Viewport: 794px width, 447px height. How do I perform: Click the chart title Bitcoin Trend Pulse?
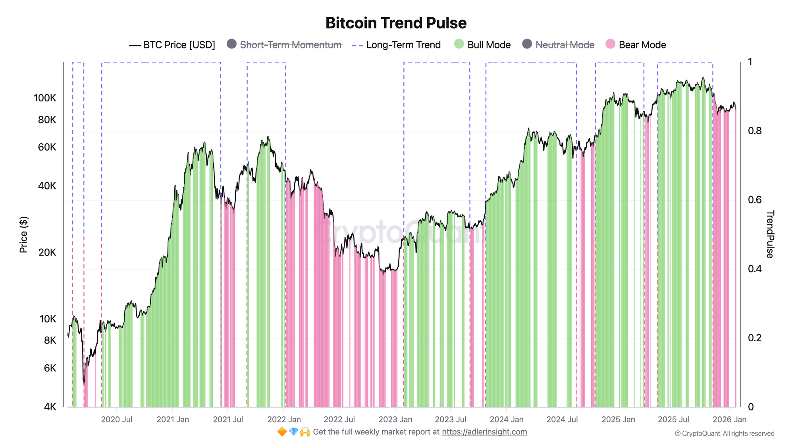tap(396, 23)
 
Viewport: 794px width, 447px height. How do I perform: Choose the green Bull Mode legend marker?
tap(459, 44)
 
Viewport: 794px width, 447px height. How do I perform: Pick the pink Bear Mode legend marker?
tap(610, 44)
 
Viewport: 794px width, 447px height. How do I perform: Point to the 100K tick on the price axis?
tap(45, 98)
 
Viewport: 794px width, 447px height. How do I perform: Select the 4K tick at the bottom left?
tap(50, 407)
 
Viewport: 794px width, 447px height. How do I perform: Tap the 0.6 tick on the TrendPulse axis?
tap(755, 200)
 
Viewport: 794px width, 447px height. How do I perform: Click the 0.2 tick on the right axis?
tap(755, 338)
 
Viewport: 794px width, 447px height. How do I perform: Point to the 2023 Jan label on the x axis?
tap(395, 420)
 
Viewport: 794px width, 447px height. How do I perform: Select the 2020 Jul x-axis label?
tap(117, 420)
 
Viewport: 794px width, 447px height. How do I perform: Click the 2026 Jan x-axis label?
tap(729, 420)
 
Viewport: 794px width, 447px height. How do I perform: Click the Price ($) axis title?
tap(24, 235)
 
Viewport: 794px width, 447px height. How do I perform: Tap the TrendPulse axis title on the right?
tap(769, 234)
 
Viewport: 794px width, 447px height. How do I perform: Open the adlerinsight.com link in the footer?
tap(484, 432)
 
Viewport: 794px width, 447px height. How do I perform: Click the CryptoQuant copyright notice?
tap(725, 433)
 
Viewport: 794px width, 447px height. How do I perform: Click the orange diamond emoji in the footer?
tap(282, 432)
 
